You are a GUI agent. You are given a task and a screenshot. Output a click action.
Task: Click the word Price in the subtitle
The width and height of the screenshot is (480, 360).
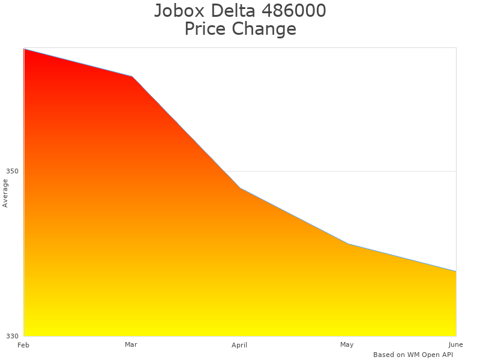(x=206, y=29)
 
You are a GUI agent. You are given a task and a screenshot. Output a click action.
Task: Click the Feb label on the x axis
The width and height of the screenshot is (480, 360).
(x=23, y=345)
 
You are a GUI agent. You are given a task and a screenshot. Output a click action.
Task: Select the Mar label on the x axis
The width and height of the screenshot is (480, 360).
(x=131, y=344)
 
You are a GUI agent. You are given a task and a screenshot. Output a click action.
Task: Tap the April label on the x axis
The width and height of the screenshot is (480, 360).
(x=239, y=345)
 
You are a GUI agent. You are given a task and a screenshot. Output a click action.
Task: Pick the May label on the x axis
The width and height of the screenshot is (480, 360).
(x=347, y=344)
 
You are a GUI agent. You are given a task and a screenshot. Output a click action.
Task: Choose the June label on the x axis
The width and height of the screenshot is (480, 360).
(x=455, y=344)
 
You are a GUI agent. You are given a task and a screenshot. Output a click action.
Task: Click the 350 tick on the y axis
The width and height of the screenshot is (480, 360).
(x=12, y=171)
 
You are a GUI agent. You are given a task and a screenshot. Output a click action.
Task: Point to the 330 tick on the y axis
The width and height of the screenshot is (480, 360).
(x=12, y=336)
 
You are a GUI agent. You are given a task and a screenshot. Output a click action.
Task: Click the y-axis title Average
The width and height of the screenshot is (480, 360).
(x=5, y=193)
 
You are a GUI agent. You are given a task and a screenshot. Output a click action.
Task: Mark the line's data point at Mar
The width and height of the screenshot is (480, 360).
(x=132, y=77)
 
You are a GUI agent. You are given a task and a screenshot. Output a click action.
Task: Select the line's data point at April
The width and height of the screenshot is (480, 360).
(x=240, y=188)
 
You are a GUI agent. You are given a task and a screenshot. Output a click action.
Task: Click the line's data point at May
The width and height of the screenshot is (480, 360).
(x=348, y=244)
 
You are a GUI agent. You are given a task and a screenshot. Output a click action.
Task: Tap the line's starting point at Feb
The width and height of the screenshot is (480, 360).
(x=25, y=49)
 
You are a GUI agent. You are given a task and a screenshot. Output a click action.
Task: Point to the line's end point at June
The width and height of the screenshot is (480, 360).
(x=455, y=271)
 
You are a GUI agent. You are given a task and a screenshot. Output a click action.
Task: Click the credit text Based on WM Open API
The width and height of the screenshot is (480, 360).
(x=413, y=355)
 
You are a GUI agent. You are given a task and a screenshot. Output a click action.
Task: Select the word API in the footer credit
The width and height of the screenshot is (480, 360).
(x=445, y=355)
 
